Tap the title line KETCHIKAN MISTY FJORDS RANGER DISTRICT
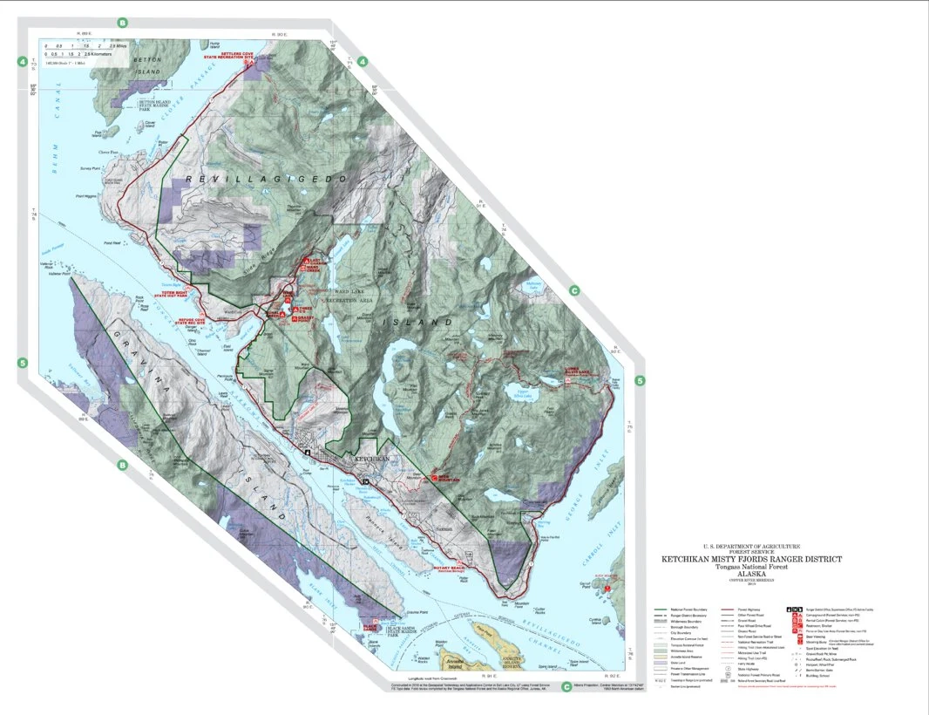[x=750, y=559]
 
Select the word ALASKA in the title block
[x=750, y=575]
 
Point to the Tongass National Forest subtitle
[x=750, y=568]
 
